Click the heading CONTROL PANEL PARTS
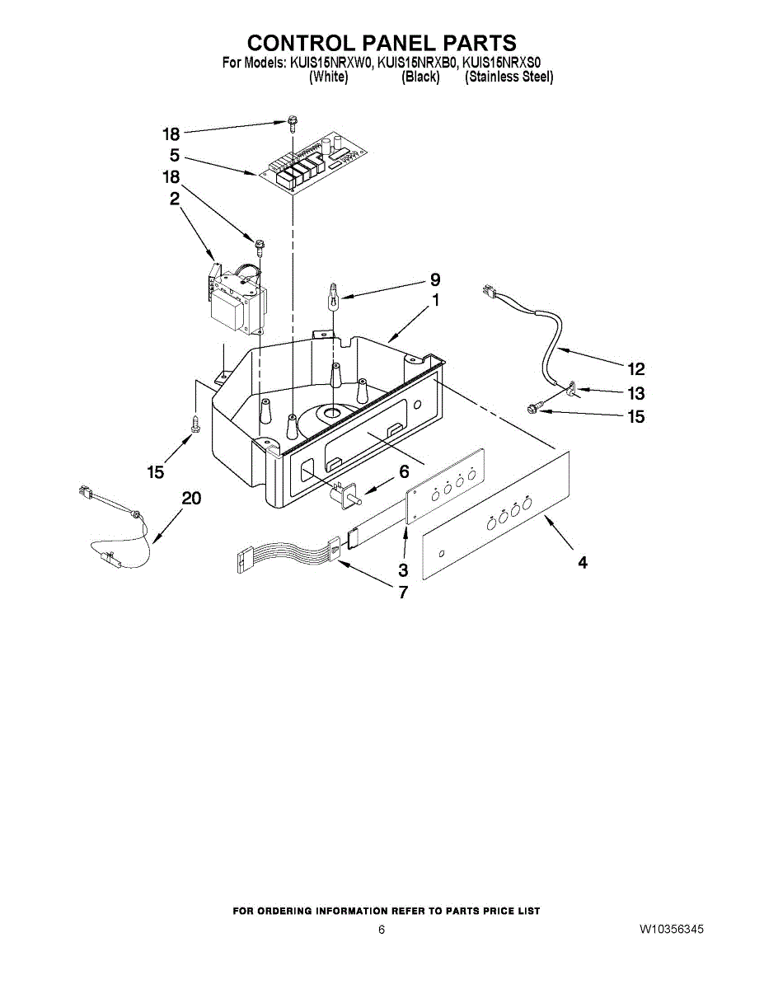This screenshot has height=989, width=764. [x=382, y=43]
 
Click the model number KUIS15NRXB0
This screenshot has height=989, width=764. [x=416, y=62]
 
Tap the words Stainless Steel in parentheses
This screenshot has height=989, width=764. [x=509, y=77]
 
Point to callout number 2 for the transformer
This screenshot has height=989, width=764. [x=176, y=198]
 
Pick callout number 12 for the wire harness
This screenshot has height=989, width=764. [x=635, y=368]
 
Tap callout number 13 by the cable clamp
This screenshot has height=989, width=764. [x=635, y=393]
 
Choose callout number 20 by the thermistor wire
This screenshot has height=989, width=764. [x=191, y=498]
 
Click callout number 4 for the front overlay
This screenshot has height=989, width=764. [x=583, y=563]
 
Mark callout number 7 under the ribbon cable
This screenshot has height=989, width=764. [x=403, y=592]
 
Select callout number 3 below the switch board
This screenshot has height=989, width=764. [x=403, y=569]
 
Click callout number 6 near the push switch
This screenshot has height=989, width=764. [x=404, y=472]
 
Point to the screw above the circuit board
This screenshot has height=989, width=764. [x=292, y=123]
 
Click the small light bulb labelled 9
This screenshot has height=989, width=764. [x=334, y=294]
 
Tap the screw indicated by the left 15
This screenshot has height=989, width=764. [x=195, y=424]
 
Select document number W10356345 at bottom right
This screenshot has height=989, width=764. [x=671, y=930]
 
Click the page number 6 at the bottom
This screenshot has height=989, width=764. [x=382, y=930]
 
